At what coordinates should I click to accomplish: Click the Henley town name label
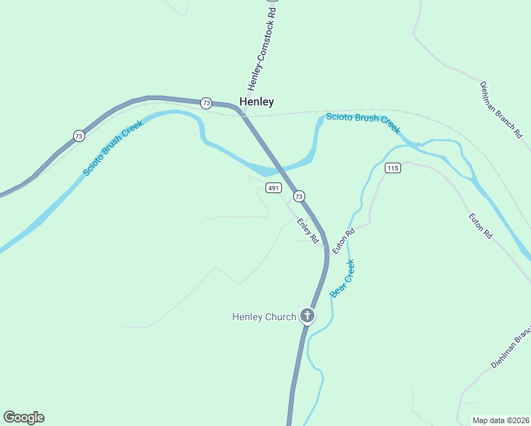(x=256, y=102)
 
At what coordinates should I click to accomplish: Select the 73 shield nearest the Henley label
(x=206, y=103)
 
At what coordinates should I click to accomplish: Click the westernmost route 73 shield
(x=78, y=136)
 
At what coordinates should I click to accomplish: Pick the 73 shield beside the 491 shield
(x=299, y=196)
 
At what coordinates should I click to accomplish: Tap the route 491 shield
(x=274, y=187)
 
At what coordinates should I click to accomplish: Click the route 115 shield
(x=393, y=168)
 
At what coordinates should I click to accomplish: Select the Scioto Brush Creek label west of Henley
(x=114, y=148)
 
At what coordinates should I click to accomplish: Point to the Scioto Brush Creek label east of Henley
(x=363, y=122)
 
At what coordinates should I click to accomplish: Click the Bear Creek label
(x=341, y=278)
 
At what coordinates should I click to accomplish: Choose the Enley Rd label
(x=307, y=231)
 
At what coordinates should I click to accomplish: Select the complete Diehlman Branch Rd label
(x=500, y=109)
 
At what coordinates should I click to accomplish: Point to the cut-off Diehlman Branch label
(x=510, y=348)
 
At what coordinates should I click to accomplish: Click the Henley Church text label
(x=264, y=317)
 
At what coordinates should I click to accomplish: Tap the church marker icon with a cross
(x=307, y=315)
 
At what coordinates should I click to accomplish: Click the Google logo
(x=23, y=417)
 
